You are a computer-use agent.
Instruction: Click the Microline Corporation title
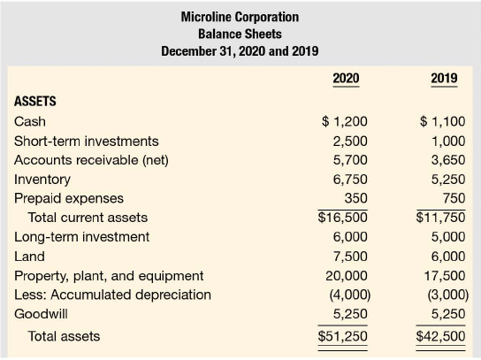click(240, 17)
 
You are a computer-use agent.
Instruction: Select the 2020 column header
click(346, 78)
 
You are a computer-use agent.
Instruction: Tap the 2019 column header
click(444, 78)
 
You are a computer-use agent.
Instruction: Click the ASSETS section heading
click(35, 102)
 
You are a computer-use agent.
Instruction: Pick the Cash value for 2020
click(345, 121)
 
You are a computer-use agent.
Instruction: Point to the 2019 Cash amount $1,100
click(442, 121)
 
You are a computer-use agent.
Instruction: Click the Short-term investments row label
click(87, 142)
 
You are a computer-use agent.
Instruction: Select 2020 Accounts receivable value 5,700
click(350, 160)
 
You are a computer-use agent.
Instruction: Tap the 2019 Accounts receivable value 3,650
click(448, 160)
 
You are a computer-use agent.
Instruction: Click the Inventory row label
click(42, 180)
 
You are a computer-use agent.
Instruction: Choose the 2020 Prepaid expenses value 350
click(355, 198)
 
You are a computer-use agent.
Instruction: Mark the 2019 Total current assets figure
click(440, 218)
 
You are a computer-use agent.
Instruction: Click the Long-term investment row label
click(82, 237)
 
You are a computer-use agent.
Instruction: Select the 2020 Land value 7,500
click(350, 257)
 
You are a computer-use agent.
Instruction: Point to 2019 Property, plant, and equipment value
click(445, 276)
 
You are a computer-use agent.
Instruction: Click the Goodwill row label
click(41, 314)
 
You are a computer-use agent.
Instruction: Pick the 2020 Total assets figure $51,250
click(343, 336)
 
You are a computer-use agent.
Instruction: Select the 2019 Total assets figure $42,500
click(440, 336)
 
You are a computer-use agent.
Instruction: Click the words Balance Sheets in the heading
click(240, 34)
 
